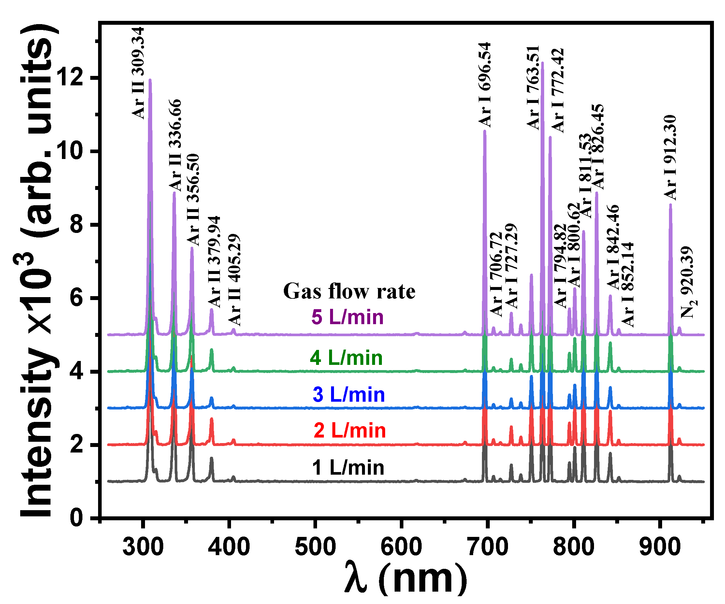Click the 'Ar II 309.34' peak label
pos(138,73)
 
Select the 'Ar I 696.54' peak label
pos(485,85)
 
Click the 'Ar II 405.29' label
pos(234,280)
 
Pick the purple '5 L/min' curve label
pos(347,317)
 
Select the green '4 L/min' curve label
pos(346,358)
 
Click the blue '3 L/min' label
pos(349,395)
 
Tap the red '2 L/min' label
pos(350,431)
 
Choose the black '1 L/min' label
pos(348,468)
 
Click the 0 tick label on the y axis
pos(77,518)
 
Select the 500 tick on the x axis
pos(315,547)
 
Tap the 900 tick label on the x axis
pos(660,547)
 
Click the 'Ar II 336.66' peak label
pos(175,145)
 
